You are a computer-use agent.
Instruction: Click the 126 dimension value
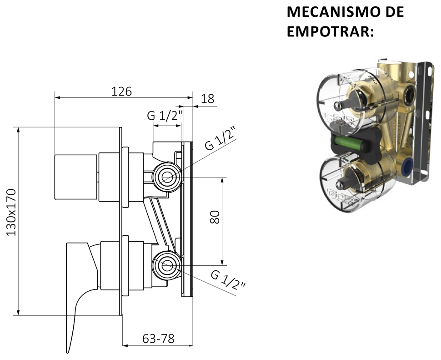click(121, 91)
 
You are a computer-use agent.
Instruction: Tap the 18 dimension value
click(208, 98)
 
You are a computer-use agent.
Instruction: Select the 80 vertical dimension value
click(215, 217)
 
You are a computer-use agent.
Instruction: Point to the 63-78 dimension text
click(158, 339)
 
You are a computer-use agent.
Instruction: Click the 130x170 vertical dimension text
click(11, 213)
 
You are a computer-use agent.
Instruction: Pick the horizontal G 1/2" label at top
click(165, 116)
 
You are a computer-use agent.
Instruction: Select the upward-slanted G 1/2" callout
click(220, 137)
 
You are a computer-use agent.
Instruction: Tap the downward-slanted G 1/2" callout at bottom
click(228, 280)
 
